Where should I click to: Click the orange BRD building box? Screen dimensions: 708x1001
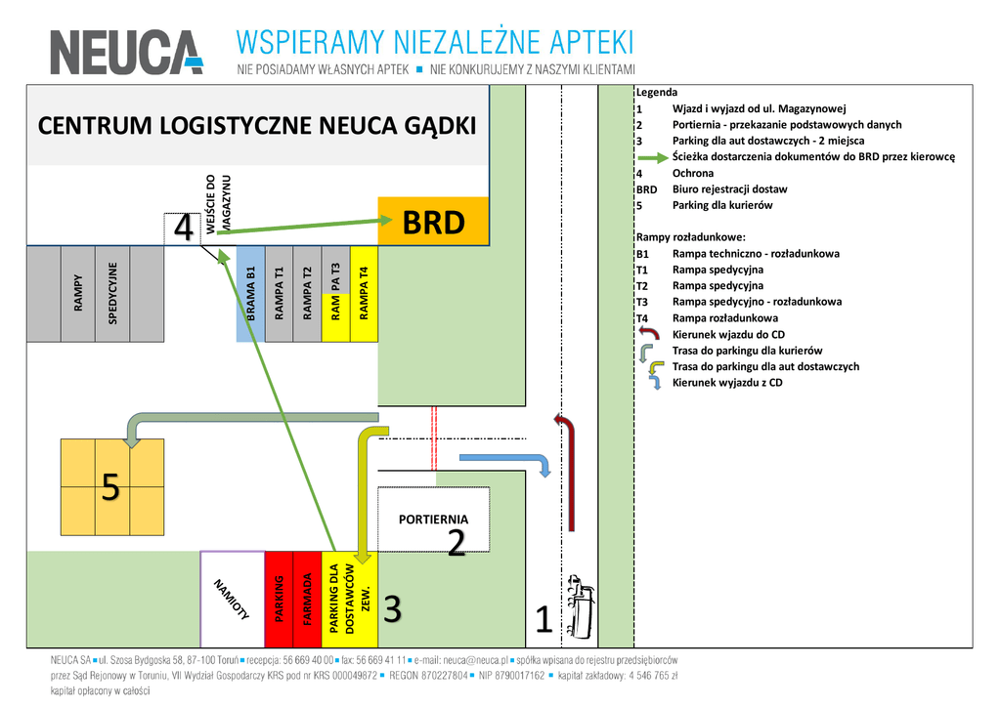pos(432,223)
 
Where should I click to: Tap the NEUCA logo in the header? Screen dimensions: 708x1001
pos(127,52)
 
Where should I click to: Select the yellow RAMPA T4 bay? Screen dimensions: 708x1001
pos(364,293)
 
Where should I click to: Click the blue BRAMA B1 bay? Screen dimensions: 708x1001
pos(250,293)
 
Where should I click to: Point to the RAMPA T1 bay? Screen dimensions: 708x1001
pos(279,293)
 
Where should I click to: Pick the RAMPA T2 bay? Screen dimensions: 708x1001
pos(307,293)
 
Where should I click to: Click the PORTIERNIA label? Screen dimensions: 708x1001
pos(433,520)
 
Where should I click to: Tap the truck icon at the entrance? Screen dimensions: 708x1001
pos(581,605)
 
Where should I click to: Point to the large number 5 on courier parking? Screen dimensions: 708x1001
pos(110,486)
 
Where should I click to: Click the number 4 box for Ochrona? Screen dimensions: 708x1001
pos(183,229)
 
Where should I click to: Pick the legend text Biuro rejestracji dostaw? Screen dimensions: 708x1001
pos(729,189)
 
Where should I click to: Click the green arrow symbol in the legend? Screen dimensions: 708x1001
pos(652,157)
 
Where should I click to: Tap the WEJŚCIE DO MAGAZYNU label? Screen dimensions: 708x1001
pos(218,204)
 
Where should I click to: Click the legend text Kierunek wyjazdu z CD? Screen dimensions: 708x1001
pos(727,383)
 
